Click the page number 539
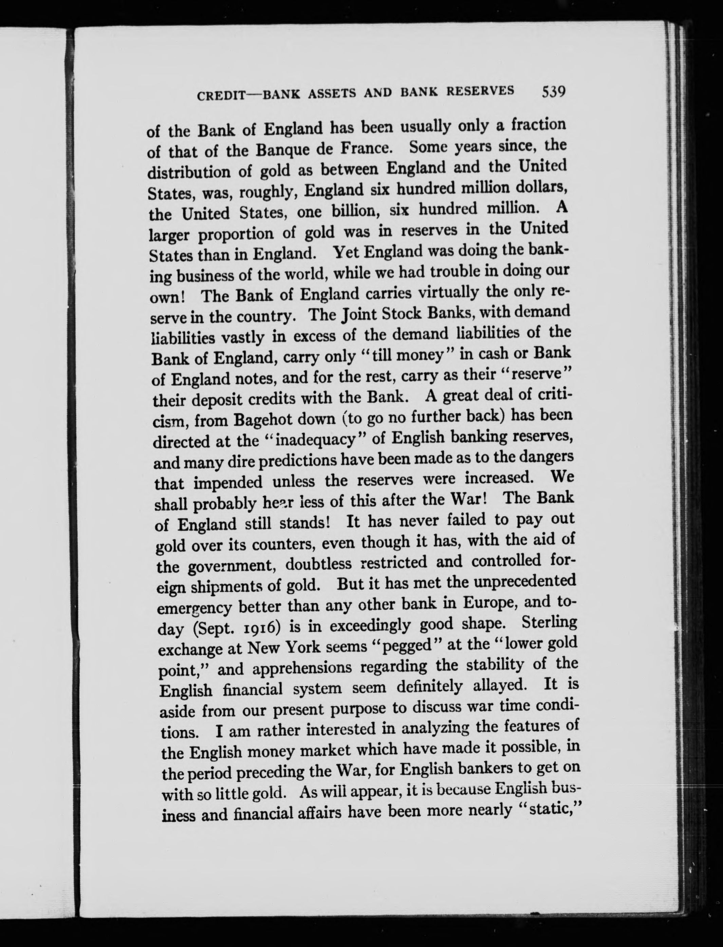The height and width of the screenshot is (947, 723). click(553, 92)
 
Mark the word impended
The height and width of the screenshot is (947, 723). click(228, 482)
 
